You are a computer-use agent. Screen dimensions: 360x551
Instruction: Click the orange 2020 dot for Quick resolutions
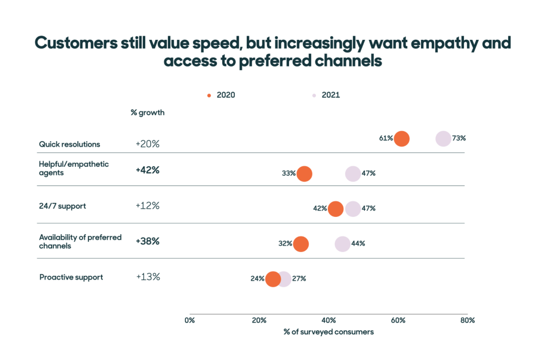coord(401,138)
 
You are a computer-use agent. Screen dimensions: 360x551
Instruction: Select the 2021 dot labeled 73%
coord(443,138)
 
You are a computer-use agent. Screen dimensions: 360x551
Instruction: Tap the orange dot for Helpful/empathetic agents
coord(304,174)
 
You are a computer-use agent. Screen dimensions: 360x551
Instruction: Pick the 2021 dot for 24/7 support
coord(353,209)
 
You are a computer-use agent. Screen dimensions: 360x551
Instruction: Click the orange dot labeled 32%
coord(301,244)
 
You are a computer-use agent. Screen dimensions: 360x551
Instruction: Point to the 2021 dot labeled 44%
coord(342,244)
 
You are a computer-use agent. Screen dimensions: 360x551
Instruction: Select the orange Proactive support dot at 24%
coord(273,279)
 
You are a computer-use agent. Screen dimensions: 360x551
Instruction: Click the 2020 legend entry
coord(221,95)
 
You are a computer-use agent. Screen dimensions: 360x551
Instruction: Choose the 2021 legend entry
coord(326,95)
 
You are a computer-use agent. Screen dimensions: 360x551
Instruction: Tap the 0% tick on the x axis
coord(190,320)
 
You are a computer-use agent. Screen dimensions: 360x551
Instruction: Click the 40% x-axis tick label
coord(329,320)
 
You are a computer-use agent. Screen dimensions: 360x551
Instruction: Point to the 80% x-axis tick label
coord(468,320)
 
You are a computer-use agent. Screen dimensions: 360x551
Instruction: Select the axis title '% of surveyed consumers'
coord(328,332)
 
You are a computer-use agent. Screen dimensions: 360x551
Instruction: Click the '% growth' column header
coord(147,113)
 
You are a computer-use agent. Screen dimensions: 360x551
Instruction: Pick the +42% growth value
coord(147,170)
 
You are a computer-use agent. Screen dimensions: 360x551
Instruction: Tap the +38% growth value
coord(147,241)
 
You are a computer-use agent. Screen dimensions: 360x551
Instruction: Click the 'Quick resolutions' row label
coord(69,144)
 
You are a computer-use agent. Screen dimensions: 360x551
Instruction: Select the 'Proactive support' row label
coord(71,277)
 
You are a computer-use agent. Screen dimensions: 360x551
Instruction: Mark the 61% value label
coord(386,138)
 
